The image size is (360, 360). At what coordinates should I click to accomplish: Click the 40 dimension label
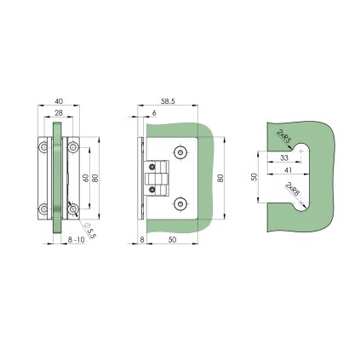tap(59, 101)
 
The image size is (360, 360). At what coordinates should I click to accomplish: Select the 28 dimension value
tap(59, 113)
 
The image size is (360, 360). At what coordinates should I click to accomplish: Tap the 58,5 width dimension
tap(168, 101)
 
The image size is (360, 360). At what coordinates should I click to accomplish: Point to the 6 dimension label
tap(154, 113)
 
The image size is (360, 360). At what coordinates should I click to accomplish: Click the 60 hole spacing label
tap(85, 178)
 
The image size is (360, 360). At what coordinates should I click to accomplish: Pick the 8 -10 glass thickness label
tap(77, 240)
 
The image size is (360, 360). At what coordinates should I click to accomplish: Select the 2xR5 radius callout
tap(283, 136)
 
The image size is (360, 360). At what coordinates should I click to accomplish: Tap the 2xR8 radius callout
tap(293, 189)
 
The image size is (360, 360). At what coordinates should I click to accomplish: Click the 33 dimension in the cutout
tap(284, 157)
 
